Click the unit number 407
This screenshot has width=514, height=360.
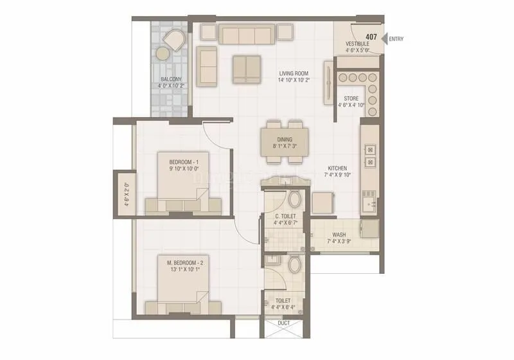point(371,36)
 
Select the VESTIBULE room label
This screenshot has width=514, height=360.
point(357,44)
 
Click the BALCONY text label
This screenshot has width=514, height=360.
point(170,80)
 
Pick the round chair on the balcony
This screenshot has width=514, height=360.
point(172,43)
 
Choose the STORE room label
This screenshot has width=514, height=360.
point(351,98)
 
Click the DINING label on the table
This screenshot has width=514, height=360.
point(285,139)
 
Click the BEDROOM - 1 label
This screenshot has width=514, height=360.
point(184,161)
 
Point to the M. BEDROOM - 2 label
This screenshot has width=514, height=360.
point(184,262)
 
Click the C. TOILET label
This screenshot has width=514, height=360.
point(285,216)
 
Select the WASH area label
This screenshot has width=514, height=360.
point(339,235)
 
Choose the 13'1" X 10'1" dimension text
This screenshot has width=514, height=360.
point(184,270)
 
